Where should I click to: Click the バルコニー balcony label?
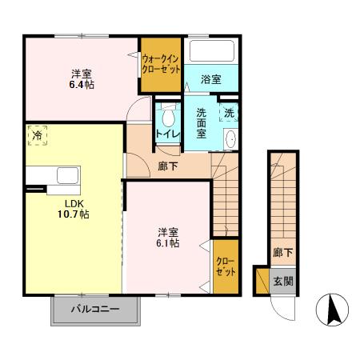(94, 308)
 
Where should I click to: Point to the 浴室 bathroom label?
(211, 80)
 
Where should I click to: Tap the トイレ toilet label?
(166, 134)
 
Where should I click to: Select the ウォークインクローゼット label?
(161, 64)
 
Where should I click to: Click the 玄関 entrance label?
(282, 281)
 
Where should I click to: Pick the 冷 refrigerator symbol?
(37, 135)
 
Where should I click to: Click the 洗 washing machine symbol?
(229, 114)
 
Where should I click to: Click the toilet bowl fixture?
(167, 113)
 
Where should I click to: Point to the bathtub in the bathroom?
(211, 53)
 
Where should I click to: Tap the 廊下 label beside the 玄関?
(282, 253)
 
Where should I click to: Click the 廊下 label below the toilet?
(168, 166)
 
